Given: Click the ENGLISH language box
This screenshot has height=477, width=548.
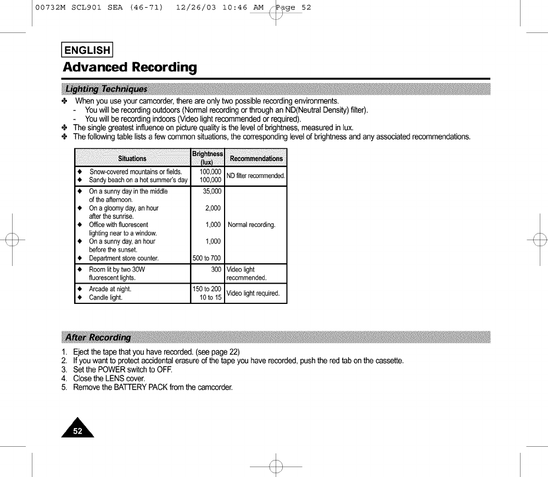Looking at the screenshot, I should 87,51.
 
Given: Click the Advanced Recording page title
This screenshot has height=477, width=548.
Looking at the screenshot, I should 130,68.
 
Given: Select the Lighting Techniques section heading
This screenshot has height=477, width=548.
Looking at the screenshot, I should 106,89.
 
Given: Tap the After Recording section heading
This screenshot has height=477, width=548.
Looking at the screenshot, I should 98,337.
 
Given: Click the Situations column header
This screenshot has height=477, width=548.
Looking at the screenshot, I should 132,158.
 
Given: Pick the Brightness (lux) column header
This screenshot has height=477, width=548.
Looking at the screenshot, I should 207,158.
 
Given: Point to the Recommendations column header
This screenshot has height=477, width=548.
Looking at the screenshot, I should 256,158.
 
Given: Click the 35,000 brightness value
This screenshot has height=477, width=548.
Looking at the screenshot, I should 211,191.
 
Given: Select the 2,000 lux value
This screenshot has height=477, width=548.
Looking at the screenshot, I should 213,208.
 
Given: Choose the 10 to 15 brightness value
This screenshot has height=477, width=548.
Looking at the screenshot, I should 210,297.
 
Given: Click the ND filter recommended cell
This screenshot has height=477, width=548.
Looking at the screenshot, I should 256,176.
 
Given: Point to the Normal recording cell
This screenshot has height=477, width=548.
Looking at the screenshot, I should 251,224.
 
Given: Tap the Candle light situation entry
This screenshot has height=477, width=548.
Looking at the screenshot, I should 105,297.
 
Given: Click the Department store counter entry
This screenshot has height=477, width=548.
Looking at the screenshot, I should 124,258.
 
